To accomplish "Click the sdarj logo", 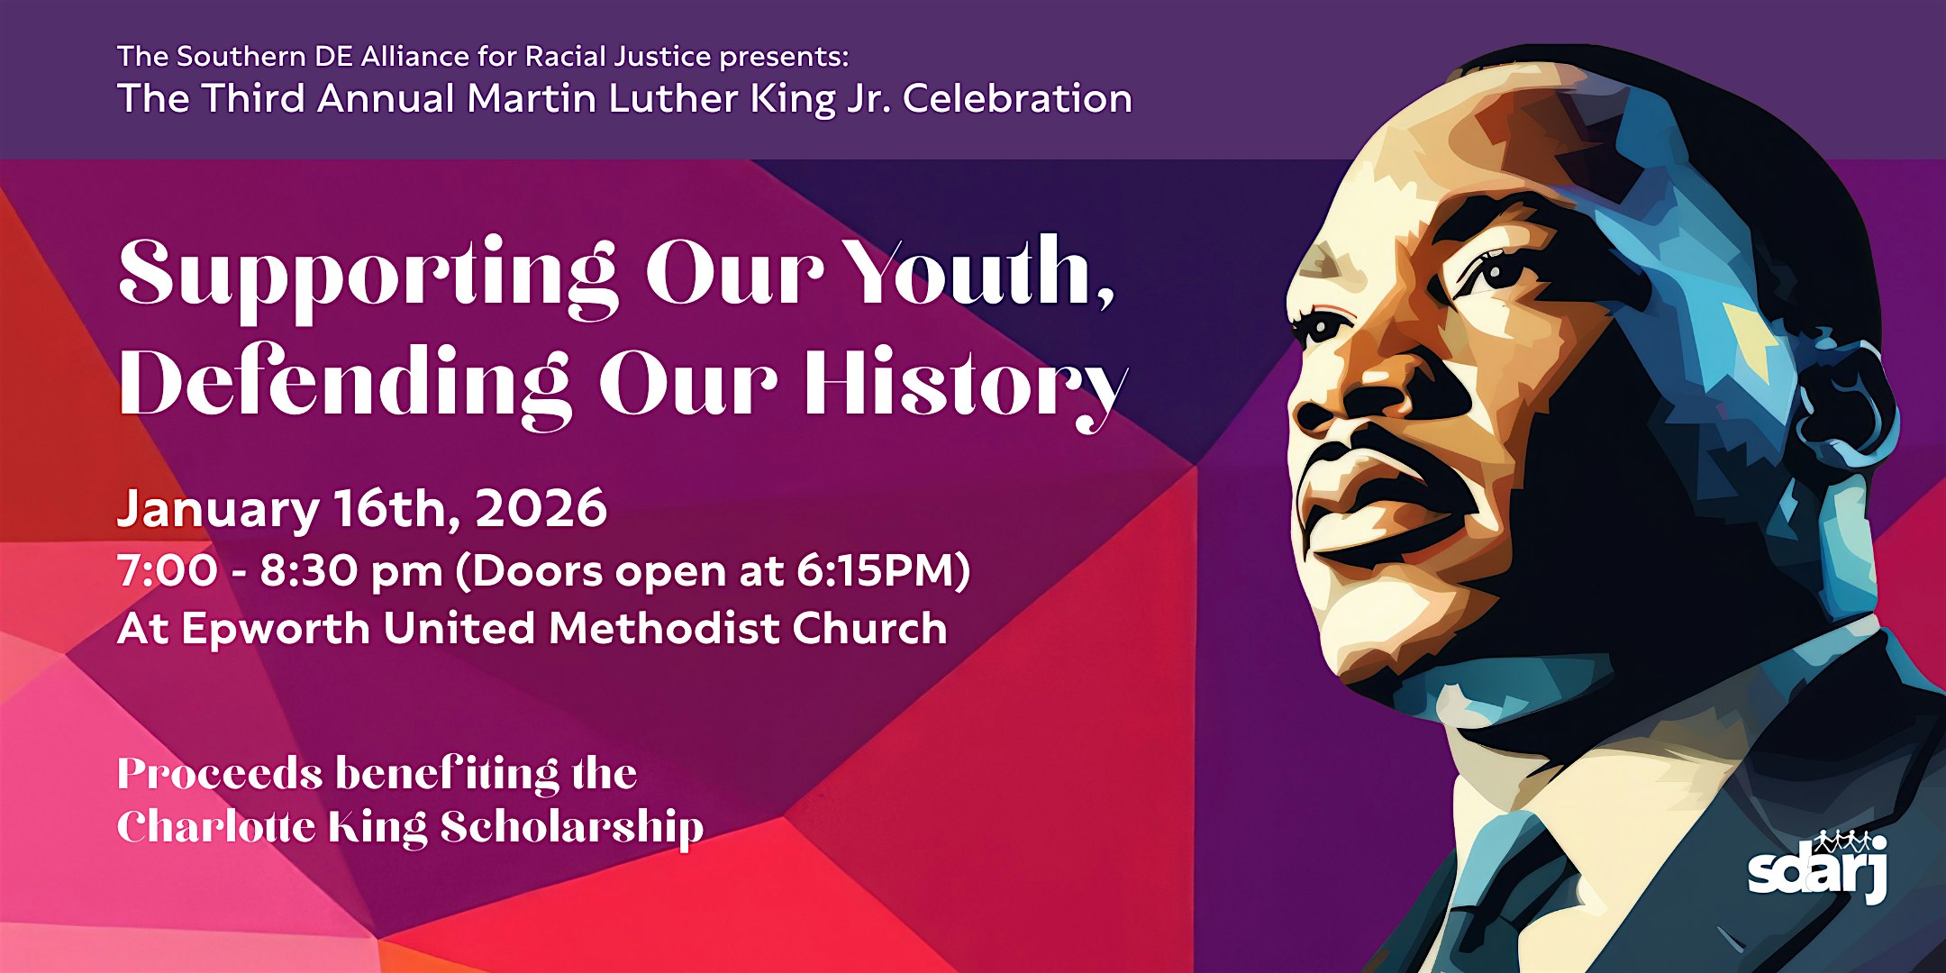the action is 1817,866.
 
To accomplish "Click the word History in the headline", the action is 966,386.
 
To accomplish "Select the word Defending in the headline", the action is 345,386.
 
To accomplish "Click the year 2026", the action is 541,508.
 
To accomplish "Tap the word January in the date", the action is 218,511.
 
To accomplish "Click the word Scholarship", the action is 572,828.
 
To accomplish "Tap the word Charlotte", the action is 216,826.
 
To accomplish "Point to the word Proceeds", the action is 220,774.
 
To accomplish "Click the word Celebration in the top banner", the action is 1017,98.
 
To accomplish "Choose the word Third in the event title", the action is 254,98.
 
